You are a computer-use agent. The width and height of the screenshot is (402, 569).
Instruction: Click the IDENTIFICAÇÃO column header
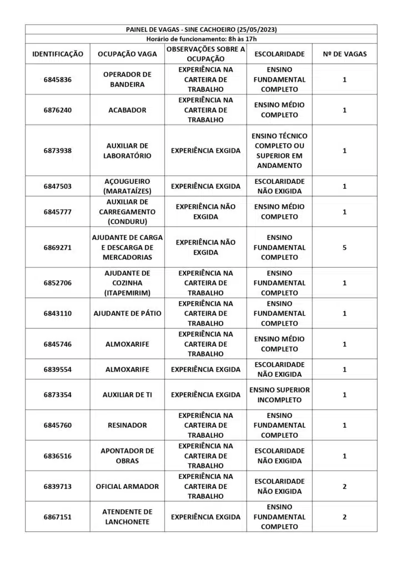pyautogui.click(x=58, y=54)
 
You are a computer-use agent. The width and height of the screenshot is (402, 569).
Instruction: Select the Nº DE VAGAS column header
pyautogui.click(x=344, y=54)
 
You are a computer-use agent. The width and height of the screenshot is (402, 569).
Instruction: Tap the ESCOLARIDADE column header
pyautogui.click(x=279, y=54)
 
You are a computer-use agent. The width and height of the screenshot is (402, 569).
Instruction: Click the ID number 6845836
pyautogui.click(x=58, y=79)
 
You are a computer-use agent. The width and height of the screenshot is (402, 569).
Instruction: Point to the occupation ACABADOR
pyautogui.click(x=127, y=110)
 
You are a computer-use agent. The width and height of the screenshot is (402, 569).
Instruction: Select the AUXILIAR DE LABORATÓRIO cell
pyautogui.click(x=127, y=151)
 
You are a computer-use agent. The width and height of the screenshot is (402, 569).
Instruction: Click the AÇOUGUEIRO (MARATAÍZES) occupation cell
pyautogui.click(x=127, y=186)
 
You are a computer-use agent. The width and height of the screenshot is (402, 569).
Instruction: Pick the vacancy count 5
pyautogui.click(x=344, y=247)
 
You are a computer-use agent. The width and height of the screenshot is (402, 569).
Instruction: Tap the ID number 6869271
pyautogui.click(x=58, y=247)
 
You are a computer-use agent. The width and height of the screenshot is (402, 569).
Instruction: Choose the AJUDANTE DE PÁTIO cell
pyautogui.click(x=127, y=313)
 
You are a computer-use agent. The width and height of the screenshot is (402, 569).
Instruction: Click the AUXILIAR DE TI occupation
pyautogui.click(x=127, y=395)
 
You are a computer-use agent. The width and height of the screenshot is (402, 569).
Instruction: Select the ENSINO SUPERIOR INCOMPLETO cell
pyautogui.click(x=279, y=395)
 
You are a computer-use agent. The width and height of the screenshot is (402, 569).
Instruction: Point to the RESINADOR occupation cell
pyautogui.click(x=127, y=425)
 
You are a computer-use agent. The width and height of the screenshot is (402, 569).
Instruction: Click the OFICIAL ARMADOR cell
pyautogui.click(x=127, y=486)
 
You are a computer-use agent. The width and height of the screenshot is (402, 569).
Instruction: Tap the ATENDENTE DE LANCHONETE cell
pyautogui.click(x=127, y=517)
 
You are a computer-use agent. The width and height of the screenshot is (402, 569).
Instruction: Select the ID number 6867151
pyautogui.click(x=58, y=517)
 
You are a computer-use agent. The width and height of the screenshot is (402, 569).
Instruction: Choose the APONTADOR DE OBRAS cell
pyautogui.click(x=127, y=456)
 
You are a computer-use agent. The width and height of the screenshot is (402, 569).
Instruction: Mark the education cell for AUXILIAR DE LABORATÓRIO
pyautogui.click(x=279, y=151)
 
